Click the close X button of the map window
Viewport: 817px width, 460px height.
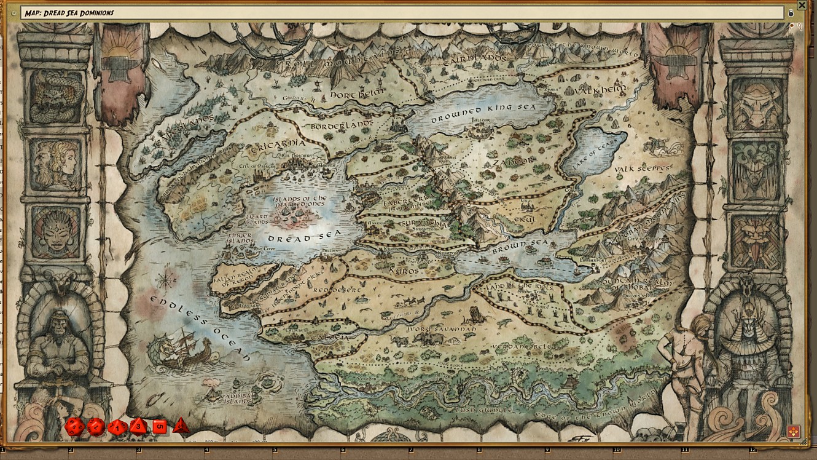click(802, 5)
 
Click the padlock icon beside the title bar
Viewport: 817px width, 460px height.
click(791, 13)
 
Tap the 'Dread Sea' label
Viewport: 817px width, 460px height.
click(296, 237)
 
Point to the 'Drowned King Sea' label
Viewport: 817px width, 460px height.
click(483, 113)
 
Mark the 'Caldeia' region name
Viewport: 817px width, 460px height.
click(329, 338)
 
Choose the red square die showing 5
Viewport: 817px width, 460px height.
click(160, 426)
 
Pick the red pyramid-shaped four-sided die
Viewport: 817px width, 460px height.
click(181, 425)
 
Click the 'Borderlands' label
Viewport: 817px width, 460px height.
click(342, 125)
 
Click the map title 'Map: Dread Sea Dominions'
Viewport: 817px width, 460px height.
click(69, 13)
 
